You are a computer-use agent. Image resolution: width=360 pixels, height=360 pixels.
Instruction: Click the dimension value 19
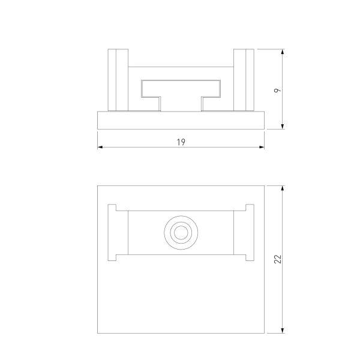pos(181,142)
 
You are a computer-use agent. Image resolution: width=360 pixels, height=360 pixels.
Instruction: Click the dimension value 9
pos(278,90)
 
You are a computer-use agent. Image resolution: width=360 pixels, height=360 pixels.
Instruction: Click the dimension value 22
pos(278,259)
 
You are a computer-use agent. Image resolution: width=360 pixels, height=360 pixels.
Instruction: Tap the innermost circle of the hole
pos(181,232)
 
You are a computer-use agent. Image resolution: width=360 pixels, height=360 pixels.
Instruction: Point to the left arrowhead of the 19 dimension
pos(100,147)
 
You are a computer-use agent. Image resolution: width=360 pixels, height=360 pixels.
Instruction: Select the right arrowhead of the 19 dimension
pos(262,147)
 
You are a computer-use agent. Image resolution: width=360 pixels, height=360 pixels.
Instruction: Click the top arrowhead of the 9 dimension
pos(283,52)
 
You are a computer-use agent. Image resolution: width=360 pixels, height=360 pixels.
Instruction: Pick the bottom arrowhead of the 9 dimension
pos(283,127)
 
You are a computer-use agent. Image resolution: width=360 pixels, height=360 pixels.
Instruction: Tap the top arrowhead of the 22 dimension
pos(283,188)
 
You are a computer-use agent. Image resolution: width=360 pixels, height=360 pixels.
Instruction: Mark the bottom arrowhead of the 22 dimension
pos(283,331)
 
